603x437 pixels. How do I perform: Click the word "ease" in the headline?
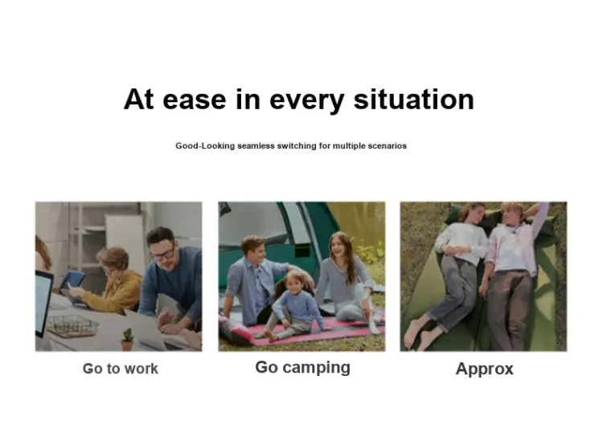point(195,100)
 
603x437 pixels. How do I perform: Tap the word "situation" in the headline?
point(413,99)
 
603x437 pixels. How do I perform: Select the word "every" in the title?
point(306,101)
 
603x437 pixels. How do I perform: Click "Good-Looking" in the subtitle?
point(205,146)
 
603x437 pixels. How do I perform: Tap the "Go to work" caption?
point(121,369)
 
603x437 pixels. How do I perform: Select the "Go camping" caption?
point(302,368)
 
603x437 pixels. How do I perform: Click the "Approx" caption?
point(485,370)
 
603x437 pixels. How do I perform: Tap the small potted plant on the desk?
point(127,339)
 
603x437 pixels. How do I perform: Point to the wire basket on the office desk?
point(72,326)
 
